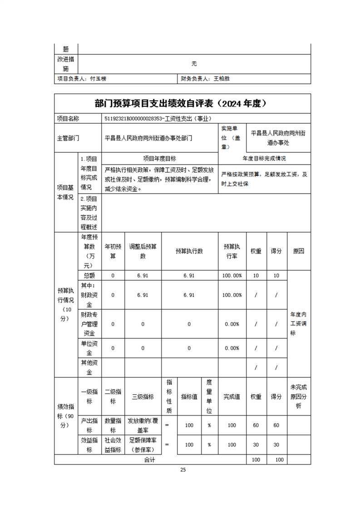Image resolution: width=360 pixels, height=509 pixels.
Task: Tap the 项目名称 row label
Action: [x=68, y=119]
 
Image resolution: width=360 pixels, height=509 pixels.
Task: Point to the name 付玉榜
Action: [x=98, y=78]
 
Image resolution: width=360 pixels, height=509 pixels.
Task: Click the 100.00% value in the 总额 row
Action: [x=232, y=275]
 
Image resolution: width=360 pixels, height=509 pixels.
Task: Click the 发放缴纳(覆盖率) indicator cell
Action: [x=143, y=425]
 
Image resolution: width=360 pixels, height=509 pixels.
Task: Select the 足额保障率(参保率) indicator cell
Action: [x=143, y=445]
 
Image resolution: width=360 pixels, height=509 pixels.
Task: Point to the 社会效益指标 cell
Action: [x=113, y=445]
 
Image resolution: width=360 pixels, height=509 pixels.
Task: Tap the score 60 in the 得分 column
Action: [x=276, y=425]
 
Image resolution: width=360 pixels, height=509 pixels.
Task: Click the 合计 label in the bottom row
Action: [x=150, y=460]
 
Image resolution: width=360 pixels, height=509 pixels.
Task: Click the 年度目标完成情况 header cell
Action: [x=264, y=159]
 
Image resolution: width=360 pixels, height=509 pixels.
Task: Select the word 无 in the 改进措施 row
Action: [x=194, y=64]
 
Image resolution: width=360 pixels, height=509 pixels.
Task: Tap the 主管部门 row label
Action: [x=68, y=138]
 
